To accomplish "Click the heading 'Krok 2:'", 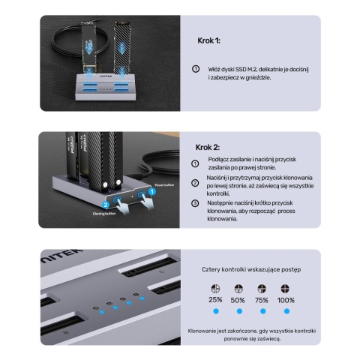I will (207, 148).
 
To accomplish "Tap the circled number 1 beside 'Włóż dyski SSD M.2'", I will (196, 68).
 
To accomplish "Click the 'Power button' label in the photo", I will (164, 184).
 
